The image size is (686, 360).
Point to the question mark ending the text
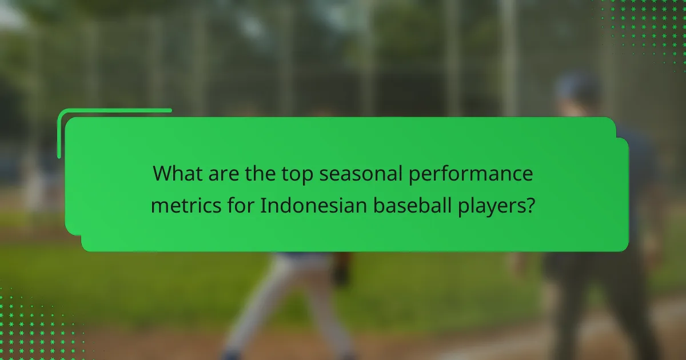(530, 204)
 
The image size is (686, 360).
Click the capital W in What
(162, 174)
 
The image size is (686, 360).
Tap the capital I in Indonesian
(262, 204)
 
